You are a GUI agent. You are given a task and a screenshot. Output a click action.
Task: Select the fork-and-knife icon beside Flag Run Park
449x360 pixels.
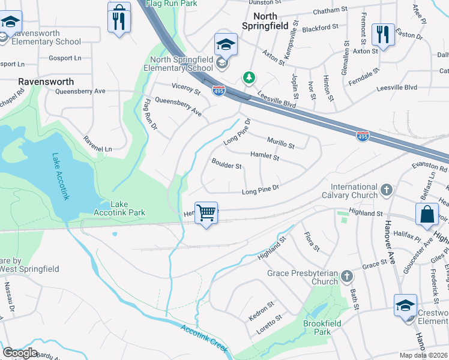point(119,18)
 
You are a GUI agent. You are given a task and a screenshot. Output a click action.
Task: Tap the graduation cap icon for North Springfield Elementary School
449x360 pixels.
point(226,44)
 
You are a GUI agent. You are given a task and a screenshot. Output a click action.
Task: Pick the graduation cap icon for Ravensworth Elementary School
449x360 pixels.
point(10,23)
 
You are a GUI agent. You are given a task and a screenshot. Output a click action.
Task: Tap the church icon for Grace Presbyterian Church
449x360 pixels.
point(346,277)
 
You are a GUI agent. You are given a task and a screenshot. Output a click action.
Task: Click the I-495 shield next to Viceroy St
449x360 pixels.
point(219,91)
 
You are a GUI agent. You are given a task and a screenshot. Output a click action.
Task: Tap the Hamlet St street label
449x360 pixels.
point(265,156)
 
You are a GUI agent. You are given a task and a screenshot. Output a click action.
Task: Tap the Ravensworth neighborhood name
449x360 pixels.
point(46,81)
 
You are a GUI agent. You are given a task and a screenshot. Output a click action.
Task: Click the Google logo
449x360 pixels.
point(20,352)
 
